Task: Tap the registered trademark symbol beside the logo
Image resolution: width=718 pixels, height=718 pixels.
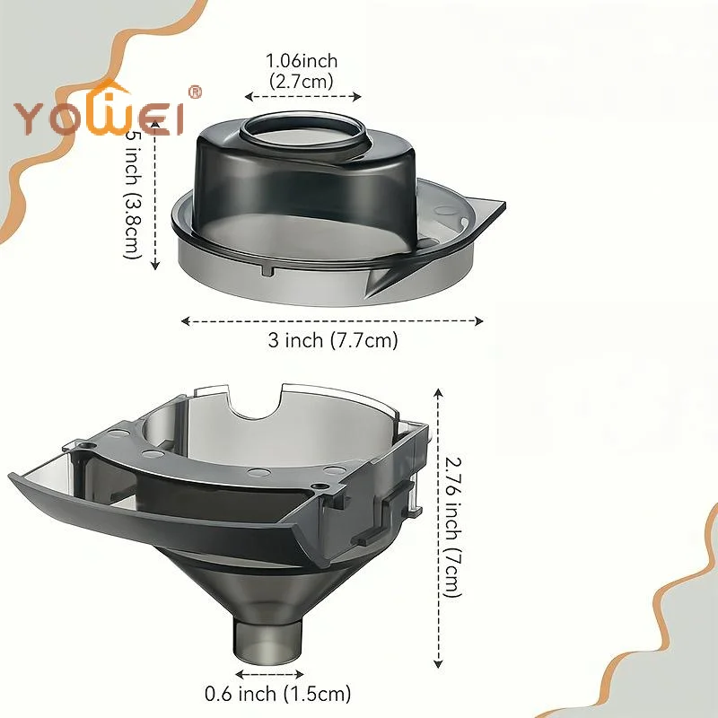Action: (x=197, y=92)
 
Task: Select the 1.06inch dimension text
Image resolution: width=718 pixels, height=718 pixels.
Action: (x=302, y=61)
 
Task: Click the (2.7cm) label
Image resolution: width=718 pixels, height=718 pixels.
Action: (x=302, y=80)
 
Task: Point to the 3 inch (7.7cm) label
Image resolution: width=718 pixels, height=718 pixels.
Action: (x=333, y=340)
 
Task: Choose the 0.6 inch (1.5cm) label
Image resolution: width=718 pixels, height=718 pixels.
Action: (x=277, y=693)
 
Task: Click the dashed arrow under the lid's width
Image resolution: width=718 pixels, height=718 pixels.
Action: (x=333, y=320)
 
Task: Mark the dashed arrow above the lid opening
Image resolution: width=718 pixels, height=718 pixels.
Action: (x=302, y=96)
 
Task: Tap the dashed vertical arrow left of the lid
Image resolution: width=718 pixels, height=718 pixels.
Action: (x=156, y=197)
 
